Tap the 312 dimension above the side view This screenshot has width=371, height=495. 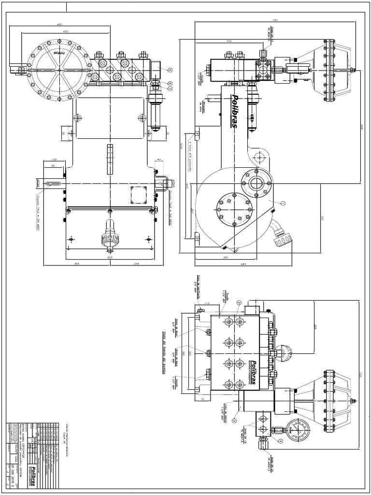(229, 41)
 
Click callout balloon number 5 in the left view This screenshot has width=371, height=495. (170, 70)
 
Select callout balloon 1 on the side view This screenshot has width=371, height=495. (283, 203)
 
